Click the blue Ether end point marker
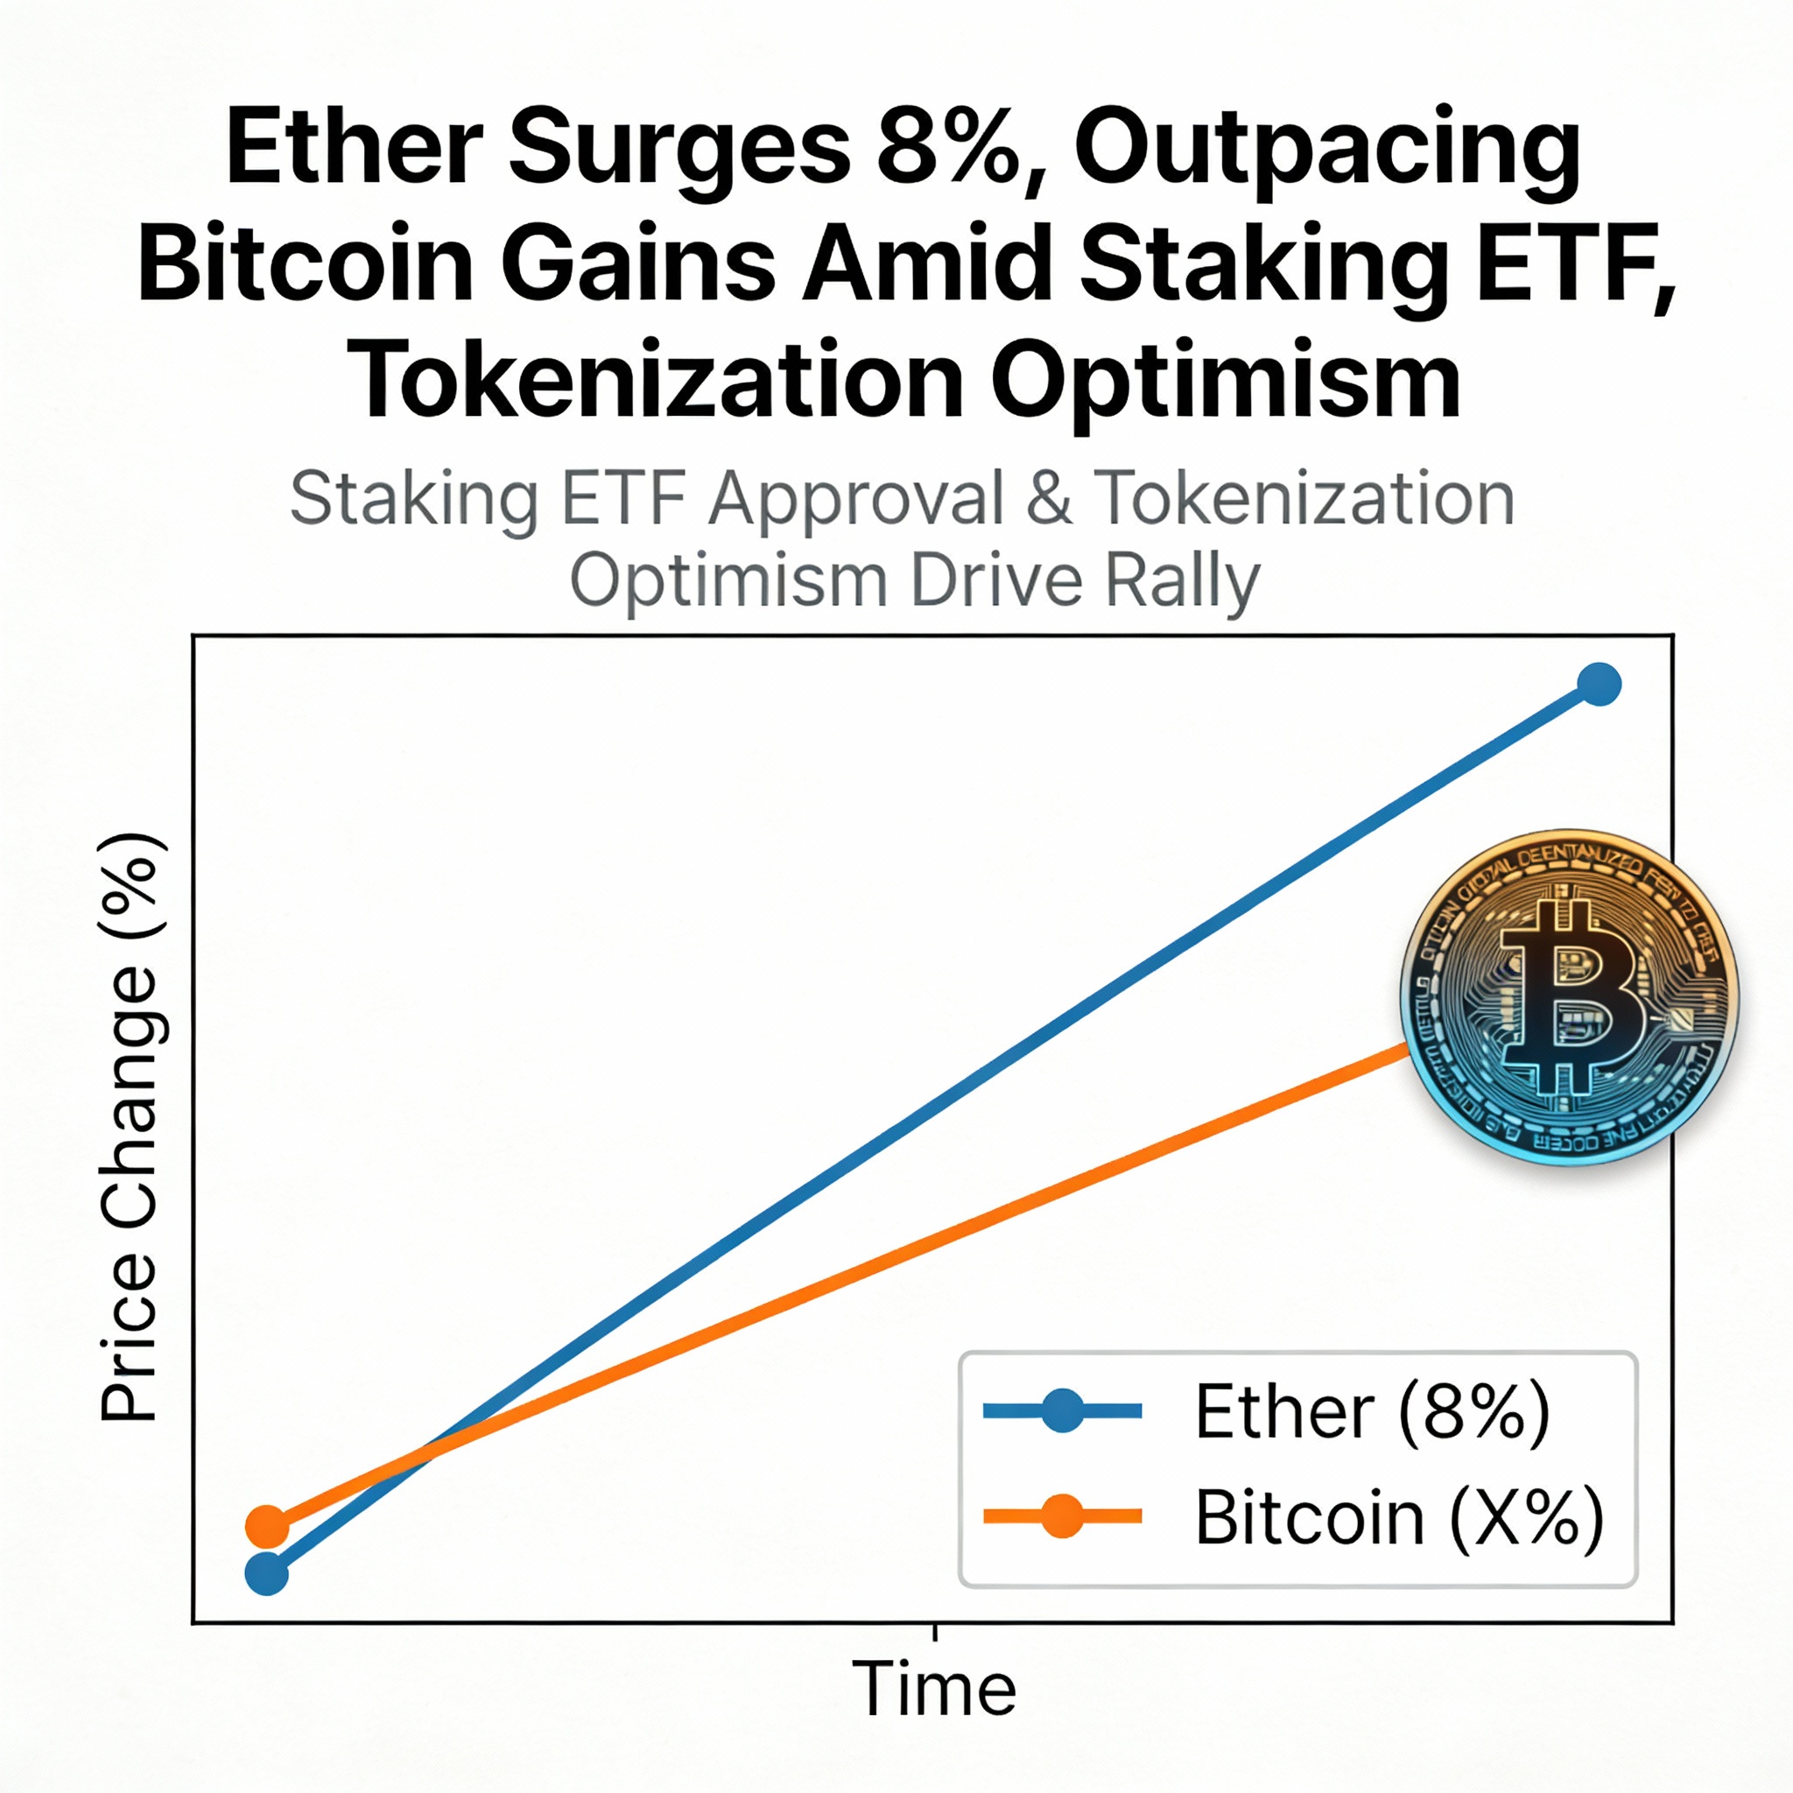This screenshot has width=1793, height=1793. coord(1599,685)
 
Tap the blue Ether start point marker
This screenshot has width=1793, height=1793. coord(266,1574)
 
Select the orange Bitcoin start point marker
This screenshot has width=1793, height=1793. coord(266,1525)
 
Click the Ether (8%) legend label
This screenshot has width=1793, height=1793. coord(1372,1411)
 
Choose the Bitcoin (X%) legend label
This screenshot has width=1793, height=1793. coord(1398,1517)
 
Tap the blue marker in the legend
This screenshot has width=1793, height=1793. coord(1063,1411)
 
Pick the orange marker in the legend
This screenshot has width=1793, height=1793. coord(1063,1516)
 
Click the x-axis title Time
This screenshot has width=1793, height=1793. coord(933,1689)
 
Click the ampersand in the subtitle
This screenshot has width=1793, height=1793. coord(1049,499)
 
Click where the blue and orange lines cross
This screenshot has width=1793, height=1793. coord(422,1465)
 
